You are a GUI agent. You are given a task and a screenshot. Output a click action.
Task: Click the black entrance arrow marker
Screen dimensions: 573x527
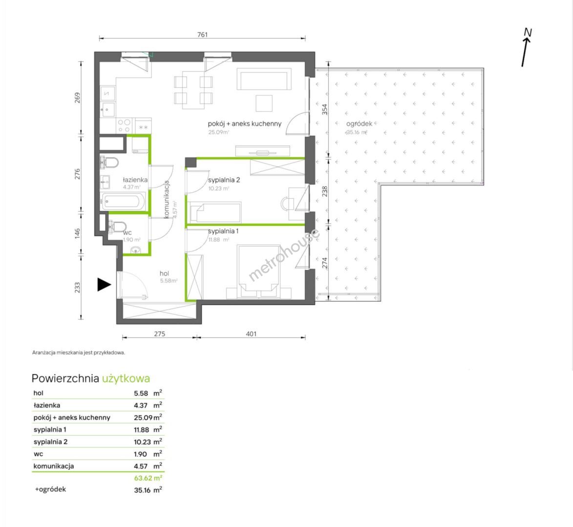[104, 284]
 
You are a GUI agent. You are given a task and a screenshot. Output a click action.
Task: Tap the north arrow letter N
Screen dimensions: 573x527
[528, 33]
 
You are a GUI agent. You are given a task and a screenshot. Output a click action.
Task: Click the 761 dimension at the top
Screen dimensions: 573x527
[202, 35]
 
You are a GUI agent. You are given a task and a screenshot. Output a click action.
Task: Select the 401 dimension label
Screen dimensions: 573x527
[252, 334]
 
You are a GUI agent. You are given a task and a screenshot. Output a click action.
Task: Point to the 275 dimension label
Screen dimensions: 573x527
[160, 334]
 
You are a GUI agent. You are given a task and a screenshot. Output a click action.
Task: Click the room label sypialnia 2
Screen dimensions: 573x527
[224, 180]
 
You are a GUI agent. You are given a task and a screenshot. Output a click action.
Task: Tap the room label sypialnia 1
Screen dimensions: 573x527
[223, 231]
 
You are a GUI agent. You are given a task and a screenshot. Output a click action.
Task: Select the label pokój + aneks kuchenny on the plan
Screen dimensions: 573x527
[245, 124]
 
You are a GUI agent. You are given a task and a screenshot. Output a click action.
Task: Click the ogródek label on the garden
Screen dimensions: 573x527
[359, 124]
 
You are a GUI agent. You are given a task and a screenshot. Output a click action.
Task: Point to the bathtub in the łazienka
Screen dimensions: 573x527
[124, 202]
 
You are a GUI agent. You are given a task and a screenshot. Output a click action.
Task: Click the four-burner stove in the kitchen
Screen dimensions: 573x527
[125, 126]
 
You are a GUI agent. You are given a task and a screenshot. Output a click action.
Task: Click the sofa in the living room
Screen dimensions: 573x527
[264, 79]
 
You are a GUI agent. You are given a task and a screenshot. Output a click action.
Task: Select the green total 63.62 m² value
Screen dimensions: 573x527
[148, 478]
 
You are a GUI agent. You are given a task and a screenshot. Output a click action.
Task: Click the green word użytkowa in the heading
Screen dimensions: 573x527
[126, 379]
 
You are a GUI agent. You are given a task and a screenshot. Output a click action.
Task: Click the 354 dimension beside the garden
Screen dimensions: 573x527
[324, 109]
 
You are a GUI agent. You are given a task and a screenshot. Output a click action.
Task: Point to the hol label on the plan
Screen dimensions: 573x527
[165, 273]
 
